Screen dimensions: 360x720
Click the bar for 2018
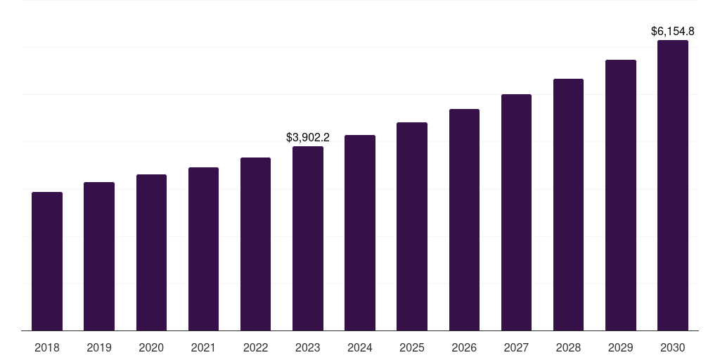click(47, 261)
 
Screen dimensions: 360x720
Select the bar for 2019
click(99, 256)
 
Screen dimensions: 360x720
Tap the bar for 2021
click(203, 249)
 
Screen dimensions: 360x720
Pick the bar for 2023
click(308, 238)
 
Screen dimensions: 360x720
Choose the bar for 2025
click(412, 226)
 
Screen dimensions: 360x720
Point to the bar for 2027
click(516, 212)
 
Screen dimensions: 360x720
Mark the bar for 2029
click(621, 195)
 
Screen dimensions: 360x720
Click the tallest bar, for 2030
click(673, 185)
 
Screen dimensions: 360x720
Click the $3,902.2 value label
click(308, 138)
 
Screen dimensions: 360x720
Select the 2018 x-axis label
click(47, 347)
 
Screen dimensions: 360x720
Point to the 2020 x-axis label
click(151, 347)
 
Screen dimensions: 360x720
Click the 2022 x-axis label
click(255, 347)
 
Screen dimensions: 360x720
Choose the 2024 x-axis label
click(360, 347)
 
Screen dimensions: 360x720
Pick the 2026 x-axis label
click(464, 347)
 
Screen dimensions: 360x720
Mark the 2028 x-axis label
click(568, 347)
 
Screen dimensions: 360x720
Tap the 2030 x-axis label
click(673, 347)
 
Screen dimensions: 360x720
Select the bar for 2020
click(151, 252)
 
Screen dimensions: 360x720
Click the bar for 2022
click(255, 244)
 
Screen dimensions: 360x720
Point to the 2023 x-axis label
click(308, 347)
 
